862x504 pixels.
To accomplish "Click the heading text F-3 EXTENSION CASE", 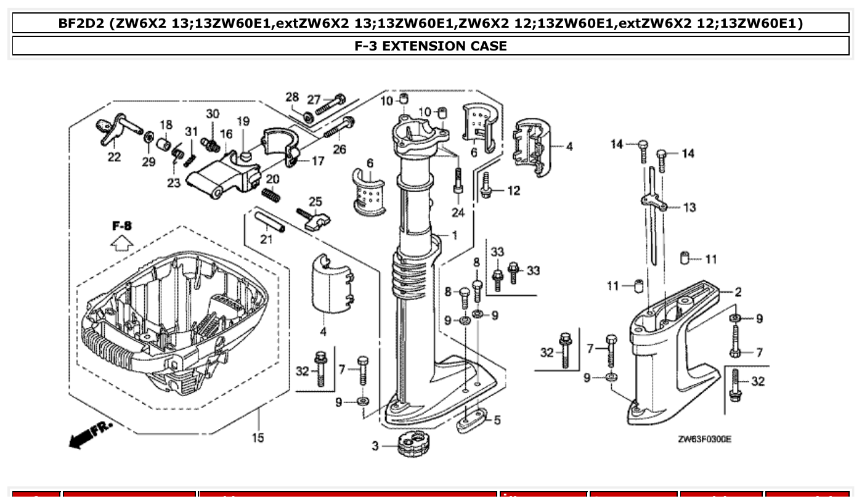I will click(x=431, y=46).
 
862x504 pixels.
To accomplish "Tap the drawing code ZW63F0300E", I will click(x=704, y=439).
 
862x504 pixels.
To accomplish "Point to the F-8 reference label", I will click(x=122, y=226).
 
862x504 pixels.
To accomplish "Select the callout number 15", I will click(x=258, y=437).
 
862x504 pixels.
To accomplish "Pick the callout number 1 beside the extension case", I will click(x=454, y=235).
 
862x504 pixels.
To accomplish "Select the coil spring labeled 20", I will click(x=271, y=194).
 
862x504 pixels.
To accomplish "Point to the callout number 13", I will click(x=689, y=207).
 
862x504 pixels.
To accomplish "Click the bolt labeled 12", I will click(x=486, y=185).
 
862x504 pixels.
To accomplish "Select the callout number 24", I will click(x=458, y=213).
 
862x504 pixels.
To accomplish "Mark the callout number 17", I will click(x=317, y=161).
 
